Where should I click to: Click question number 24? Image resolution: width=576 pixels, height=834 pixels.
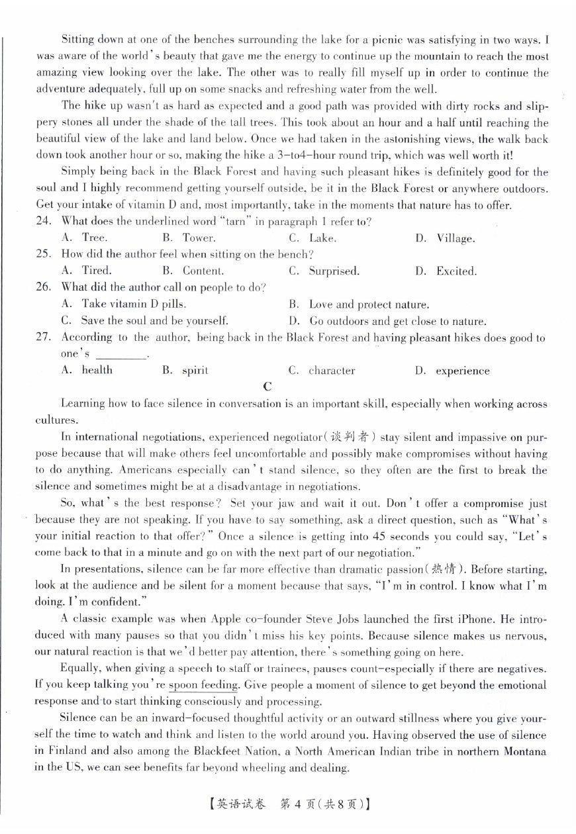43,221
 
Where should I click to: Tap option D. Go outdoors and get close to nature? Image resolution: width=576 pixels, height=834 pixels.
387,322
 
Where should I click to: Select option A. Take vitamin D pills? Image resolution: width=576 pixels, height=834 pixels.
123,304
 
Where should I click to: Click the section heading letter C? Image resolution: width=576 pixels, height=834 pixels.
267,387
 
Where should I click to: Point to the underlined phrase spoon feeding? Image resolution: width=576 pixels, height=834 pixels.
204,686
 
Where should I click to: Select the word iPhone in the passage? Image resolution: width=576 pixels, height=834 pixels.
456,620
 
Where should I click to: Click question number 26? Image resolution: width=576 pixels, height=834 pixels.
43,287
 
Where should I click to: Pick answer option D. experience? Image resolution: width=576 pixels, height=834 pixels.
453,371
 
